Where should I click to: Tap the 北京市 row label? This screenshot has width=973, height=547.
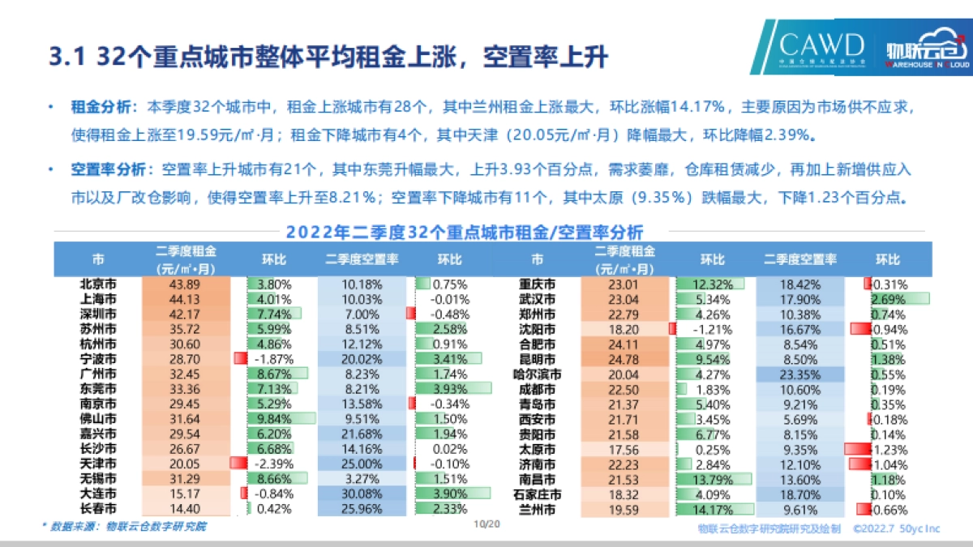pyautogui.click(x=97, y=284)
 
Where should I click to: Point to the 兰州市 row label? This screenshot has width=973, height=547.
pyautogui.click(x=538, y=511)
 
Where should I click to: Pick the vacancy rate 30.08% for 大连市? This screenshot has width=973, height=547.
pyautogui.click(x=362, y=494)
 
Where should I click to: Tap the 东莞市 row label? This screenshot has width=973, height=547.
pyautogui.click(x=97, y=388)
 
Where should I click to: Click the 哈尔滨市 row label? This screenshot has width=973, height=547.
pyautogui.click(x=538, y=374)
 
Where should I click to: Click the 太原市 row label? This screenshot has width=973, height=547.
pyautogui.click(x=538, y=449)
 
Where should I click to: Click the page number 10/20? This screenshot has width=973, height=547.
pyautogui.click(x=486, y=524)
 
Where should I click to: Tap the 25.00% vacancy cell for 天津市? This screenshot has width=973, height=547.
pyautogui.click(x=362, y=463)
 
